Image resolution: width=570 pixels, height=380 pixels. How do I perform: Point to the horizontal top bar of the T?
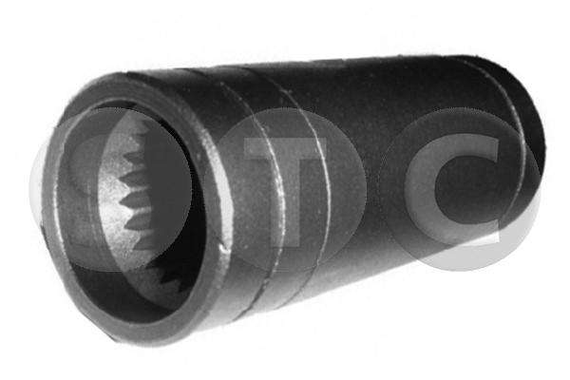pos(286,148)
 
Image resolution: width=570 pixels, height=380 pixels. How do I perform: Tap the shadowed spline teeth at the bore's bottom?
pos(167,280)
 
